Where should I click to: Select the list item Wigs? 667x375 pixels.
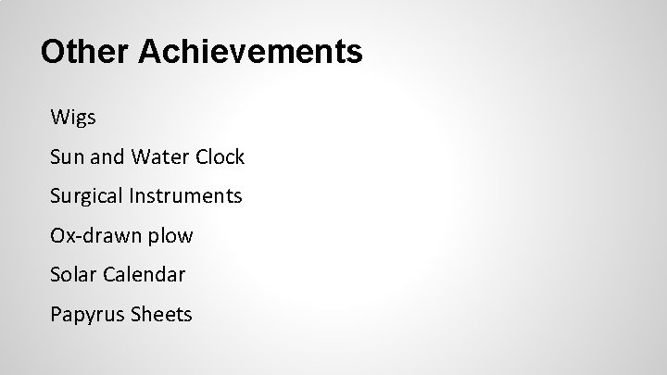73,119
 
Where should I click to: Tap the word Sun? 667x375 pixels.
67,157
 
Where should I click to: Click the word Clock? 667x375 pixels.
220,157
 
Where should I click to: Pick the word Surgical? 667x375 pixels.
88,196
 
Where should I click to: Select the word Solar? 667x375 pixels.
76,275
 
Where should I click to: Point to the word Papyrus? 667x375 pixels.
85,315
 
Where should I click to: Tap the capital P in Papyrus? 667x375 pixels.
57,314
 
